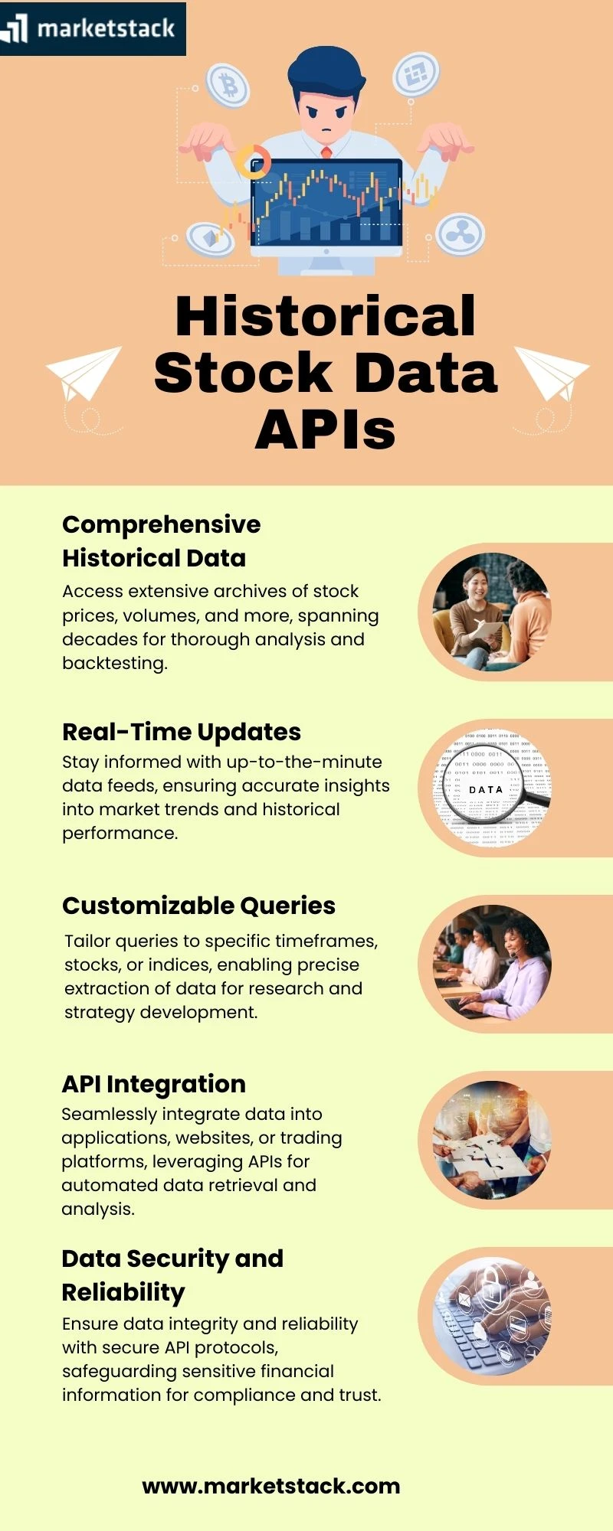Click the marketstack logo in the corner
tap(92, 28)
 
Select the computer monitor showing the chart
tap(327, 205)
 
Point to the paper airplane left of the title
tap(83, 374)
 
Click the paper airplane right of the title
tap(552, 373)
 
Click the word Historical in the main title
tap(326, 315)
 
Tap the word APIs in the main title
tap(326, 429)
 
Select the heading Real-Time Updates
tap(182, 732)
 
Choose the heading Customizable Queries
tap(198, 906)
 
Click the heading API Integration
tap(153, 1084)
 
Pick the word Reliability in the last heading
tap(123, 1292)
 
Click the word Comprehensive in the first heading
tap(162, 524)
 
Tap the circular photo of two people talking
tap(492, 612)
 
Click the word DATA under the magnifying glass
tap(486, 789)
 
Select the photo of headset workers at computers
tap(492, 964)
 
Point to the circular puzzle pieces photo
tap(492, 1140)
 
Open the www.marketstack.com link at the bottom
tap(271, 1487)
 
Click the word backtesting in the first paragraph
tap(114, 663)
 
